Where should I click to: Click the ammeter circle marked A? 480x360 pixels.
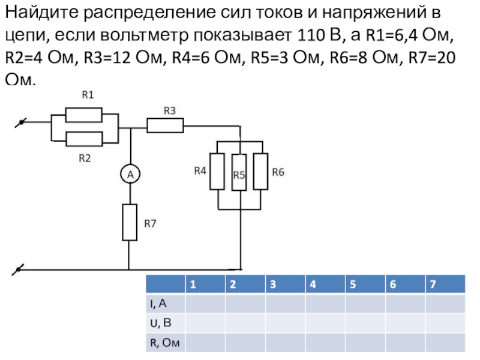tap(129, 175)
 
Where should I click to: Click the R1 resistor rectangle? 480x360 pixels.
tap(88, 114)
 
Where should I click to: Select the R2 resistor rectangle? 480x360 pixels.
tap(88, 139)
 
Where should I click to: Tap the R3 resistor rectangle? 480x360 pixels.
tap(165, 125)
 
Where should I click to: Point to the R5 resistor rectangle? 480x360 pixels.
tap(239, 172)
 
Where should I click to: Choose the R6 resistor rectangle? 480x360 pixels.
tap(261, 172)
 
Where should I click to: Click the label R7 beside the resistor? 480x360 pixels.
tap(150, 223)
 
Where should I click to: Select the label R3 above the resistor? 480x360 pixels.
tap(169, 110)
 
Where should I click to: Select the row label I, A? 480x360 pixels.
tap(158, 304)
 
